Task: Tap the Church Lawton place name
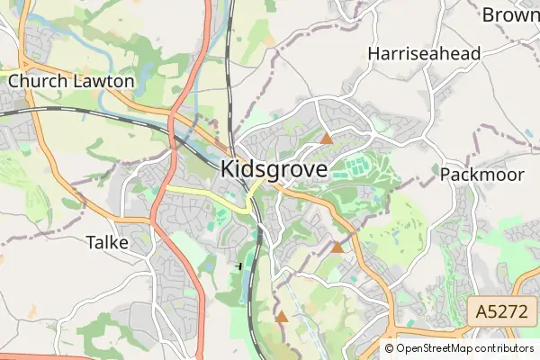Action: (71, 81)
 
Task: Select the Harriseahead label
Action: (424, 54)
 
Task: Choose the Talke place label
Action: (108, 242)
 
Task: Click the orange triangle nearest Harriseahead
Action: (327, 139)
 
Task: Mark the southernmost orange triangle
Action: (282, 317)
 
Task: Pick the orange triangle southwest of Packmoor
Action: (337, 247)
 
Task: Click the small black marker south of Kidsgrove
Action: (239, 265)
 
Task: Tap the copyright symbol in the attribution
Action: (390, 348)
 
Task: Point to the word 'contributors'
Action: (506, 348)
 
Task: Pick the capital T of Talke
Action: (90, 242)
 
